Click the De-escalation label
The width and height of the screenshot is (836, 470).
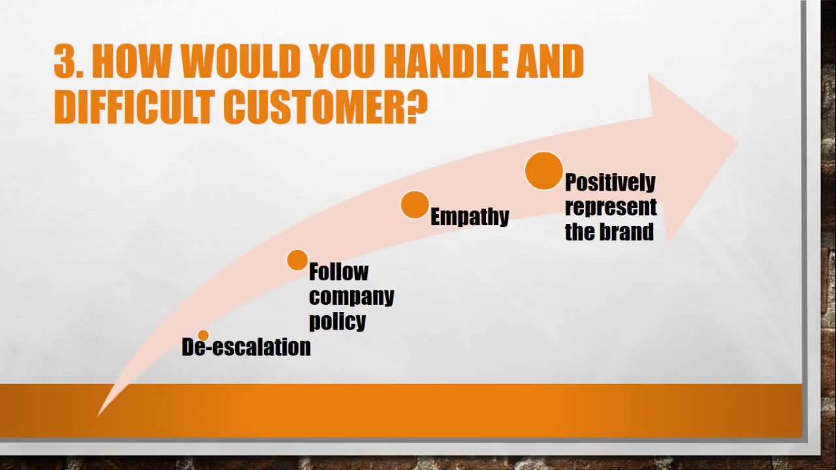click(x=246, y=347)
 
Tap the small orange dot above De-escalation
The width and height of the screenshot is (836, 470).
click(x=203, y=335)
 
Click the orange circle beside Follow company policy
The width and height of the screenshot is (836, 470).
click(x=297, y=260)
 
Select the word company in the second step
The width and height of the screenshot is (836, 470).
click(x=351, y=297)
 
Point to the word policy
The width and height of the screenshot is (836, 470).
click(x=338, y=322)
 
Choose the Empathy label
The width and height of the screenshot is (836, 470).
click(x=470, y=217)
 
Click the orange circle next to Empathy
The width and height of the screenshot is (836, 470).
click(x=415, y=205)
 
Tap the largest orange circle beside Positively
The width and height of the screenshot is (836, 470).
click(x=544, y=171)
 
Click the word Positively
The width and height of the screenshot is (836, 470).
click(x=610, y=183)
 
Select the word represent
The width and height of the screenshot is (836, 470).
click(x=611, y=208)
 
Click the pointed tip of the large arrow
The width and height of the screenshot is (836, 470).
click(x=738, y=142)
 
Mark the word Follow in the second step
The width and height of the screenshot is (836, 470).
click(x=339, y=272)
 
